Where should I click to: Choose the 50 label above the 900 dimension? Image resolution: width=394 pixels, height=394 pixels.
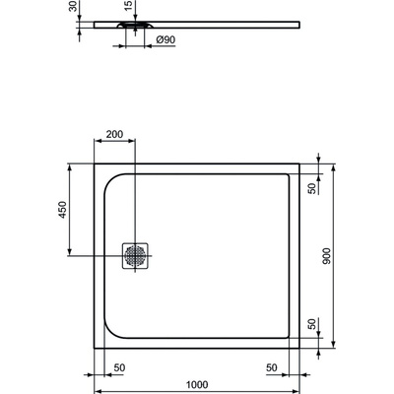(x=313, y=188)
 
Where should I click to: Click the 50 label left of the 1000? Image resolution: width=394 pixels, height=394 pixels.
(x=118, y=367)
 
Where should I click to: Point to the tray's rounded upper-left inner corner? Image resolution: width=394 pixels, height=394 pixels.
(x=111, y=182)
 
